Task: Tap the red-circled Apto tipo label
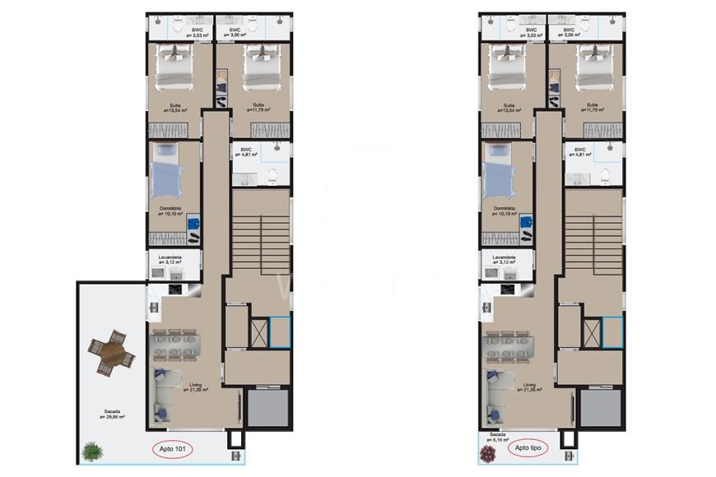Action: coord(527,449)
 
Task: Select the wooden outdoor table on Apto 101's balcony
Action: coord(109,353)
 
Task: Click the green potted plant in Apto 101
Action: coord(91,452)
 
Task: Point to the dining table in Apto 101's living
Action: coord(175,345)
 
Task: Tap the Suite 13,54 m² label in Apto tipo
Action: coord(509,108)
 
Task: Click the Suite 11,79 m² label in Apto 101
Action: coord(258,107)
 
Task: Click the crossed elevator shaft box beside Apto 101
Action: coord(258,331)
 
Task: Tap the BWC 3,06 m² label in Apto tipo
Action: coord(568,33)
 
